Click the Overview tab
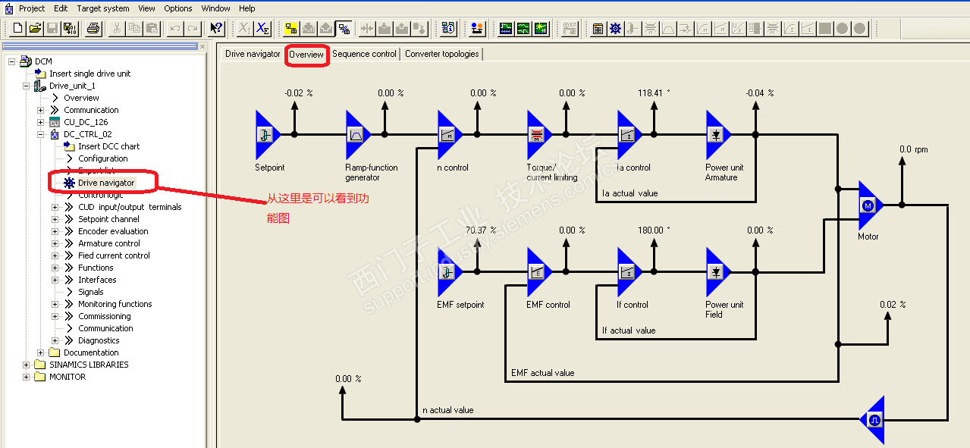[306, 55]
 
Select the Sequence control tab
[364, 55]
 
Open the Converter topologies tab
[441, 55]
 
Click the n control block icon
[448, 135]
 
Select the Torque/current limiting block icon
[538, 135]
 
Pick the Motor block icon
[869, 205]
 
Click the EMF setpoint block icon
[448, 273]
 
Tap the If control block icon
[628, 273]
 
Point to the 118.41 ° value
[655, 93]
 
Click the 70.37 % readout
[481, 230]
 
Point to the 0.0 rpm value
[913, 149]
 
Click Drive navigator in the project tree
[106, 183]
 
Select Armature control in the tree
[109, 243]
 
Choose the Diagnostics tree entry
[99, 340]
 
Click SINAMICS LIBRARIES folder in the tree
[89, 365]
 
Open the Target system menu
[103, 8]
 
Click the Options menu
[178, 8]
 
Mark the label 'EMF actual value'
[542, 373]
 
